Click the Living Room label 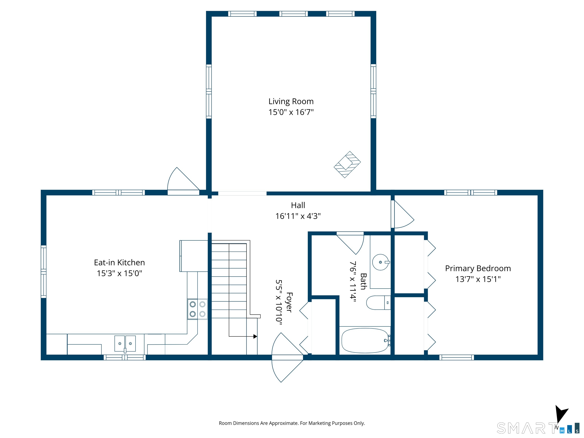(291, 101)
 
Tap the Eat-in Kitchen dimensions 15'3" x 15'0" (119, 273)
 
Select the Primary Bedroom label (478, 268)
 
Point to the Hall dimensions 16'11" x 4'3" (298, 216)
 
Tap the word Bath (363, 281)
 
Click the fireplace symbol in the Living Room (347, 164)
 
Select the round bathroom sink (381, 262)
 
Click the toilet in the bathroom (378, 303)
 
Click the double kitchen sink (125, 344)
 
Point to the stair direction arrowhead (255, 336)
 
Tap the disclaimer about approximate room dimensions (292, 423)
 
